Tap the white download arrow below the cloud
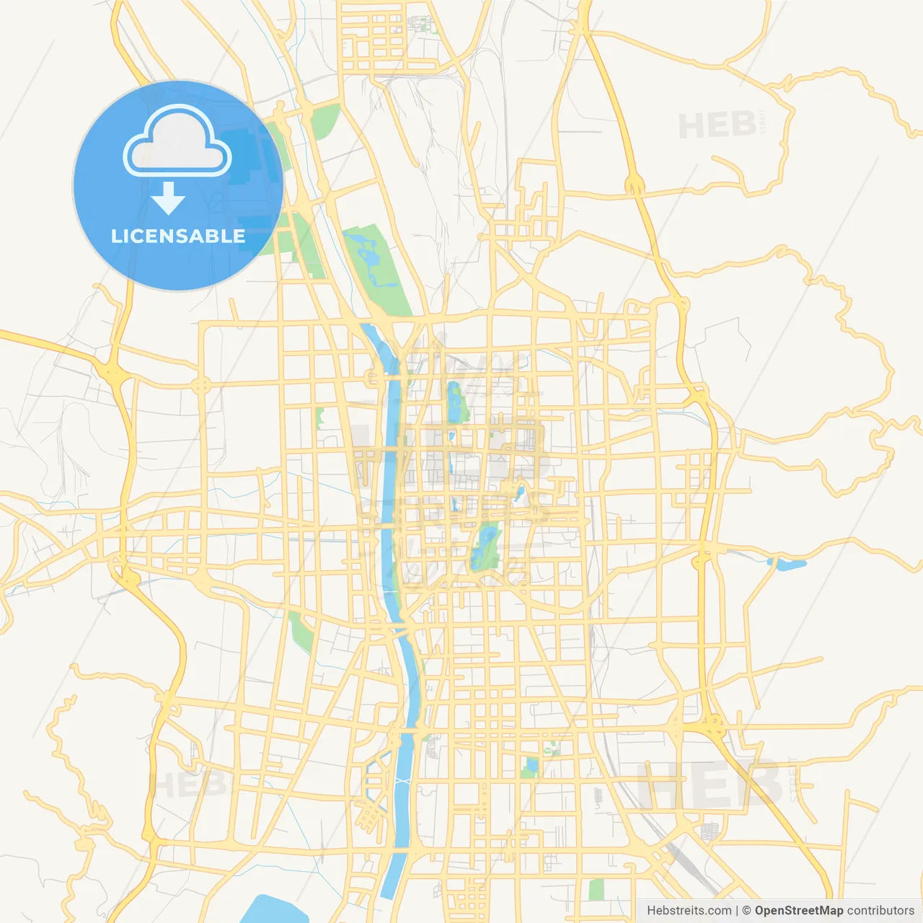point(168,198)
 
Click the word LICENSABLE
point(178,236)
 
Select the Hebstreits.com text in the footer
point(689,911)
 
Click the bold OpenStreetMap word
point(798,911)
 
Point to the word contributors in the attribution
point(880,911)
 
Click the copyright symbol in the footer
point(746,911)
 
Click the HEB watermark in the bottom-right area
point(710,785)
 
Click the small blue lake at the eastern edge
point(787,563)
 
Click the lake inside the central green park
point(487,545)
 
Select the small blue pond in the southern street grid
point(532,766)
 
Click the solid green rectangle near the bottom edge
point(596,889)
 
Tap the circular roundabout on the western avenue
point(201,385)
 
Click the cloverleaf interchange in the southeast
point(713,722)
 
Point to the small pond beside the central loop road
point(519,493)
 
